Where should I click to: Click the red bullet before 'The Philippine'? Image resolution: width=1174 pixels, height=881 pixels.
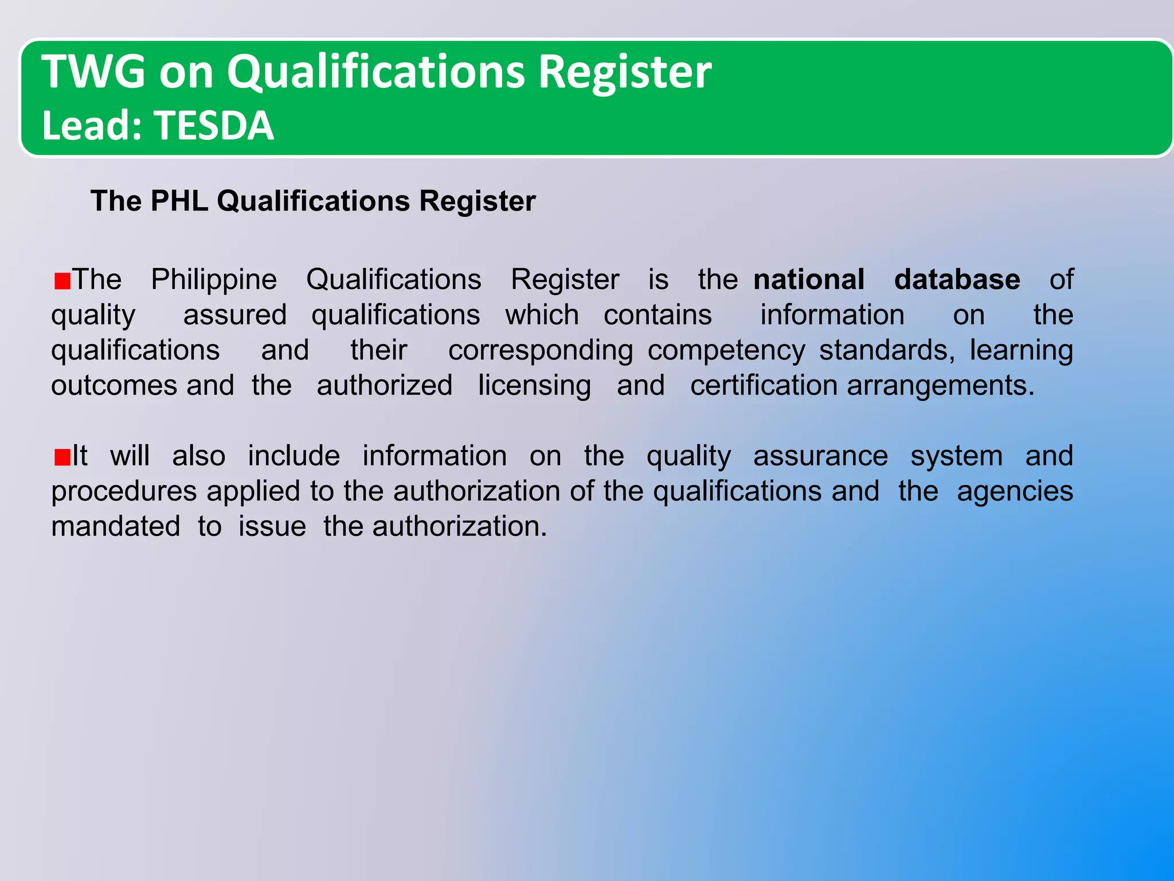(x=62, y=281)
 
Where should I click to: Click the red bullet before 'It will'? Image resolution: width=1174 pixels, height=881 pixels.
(x=62, y=458)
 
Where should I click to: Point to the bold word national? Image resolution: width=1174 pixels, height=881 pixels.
(x=809, y=280)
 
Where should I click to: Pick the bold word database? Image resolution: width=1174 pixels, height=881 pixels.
(x=957, y=280)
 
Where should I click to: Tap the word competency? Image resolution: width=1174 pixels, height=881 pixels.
(x=726, y=351)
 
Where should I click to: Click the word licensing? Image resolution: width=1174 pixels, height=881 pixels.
(x=534, y=386)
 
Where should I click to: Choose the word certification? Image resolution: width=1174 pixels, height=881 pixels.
(x=764, y=385)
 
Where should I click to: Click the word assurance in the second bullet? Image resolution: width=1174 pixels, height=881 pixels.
(x=820, y=457)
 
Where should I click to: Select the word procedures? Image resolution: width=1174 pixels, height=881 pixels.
(x=124, y=492)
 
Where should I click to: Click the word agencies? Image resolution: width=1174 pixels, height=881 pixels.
(x=1015, y=492)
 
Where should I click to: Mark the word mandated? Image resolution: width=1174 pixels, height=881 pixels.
(x=116, y=527)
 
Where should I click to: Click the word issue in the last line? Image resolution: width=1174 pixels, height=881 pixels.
(x=272, y=527)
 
